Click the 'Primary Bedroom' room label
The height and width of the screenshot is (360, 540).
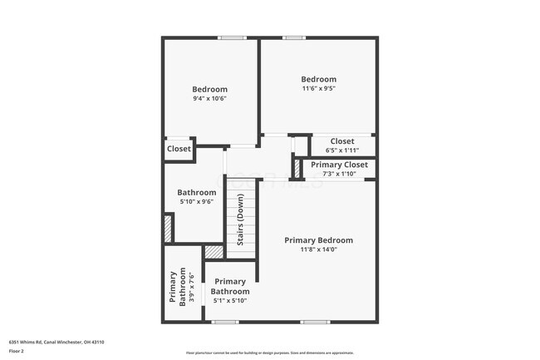point(318,240)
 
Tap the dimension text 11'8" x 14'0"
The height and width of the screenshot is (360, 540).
point(318,250)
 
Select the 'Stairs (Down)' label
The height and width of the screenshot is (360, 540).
point(241,219)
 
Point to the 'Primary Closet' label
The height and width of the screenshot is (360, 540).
point(339,165)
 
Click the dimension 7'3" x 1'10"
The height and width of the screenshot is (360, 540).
point(339,174)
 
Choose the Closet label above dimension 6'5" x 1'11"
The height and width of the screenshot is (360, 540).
point(342,141)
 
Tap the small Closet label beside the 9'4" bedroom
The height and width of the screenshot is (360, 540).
point(179,149)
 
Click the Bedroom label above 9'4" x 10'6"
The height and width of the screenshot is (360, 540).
point(209,89)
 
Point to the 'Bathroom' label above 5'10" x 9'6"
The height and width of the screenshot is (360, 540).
point(197,192)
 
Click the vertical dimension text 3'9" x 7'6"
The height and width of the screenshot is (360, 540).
point(192,288)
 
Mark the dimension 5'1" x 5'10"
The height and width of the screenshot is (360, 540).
point(229,301)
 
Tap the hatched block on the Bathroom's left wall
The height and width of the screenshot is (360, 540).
point(168,228)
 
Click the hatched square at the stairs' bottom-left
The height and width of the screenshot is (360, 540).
point(214,251)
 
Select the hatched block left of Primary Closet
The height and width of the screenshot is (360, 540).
point(296,166)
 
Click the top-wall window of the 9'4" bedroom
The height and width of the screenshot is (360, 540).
point(232,37)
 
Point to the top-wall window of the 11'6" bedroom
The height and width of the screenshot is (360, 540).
point(292,37)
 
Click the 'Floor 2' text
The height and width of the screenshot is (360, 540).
point(17,351)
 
